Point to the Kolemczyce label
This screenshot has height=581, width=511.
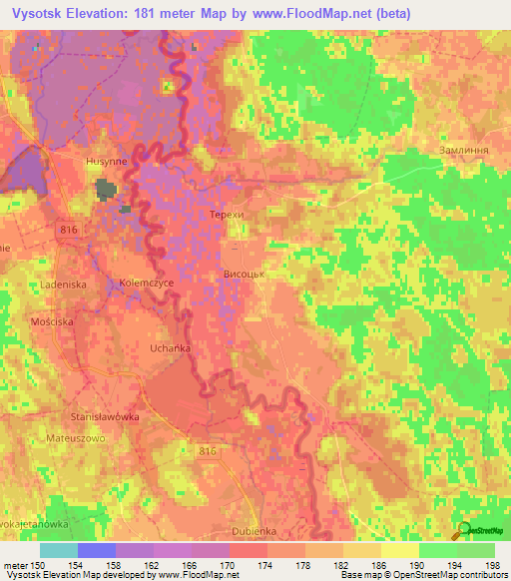click(x=147, y=282)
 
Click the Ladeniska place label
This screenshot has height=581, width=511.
click(x=65, y=285)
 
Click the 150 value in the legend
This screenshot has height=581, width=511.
click(x=40, y=566)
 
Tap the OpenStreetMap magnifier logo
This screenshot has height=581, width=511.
click(x=463, y=530)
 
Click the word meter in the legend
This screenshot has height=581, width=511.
click(x=14, y=566)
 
